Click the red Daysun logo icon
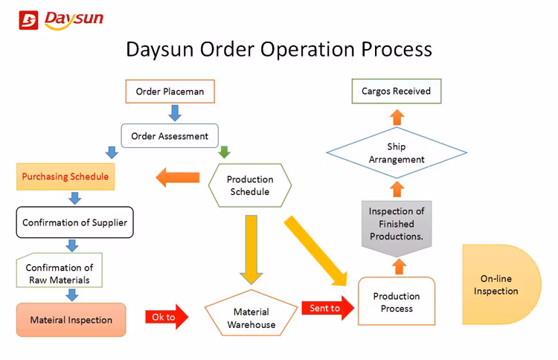click(28, 20)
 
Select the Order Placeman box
click(170, 91)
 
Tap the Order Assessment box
click(170, 136)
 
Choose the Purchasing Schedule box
click(65, 176)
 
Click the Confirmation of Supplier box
click(74, 222)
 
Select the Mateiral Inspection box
click(71, 320)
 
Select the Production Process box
click(397, 302)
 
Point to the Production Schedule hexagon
click(250, 186)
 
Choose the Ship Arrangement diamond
click(397, 153)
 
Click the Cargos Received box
click(396, 91)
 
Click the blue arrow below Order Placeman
click(175, 113)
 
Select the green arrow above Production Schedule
click(224, 152)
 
